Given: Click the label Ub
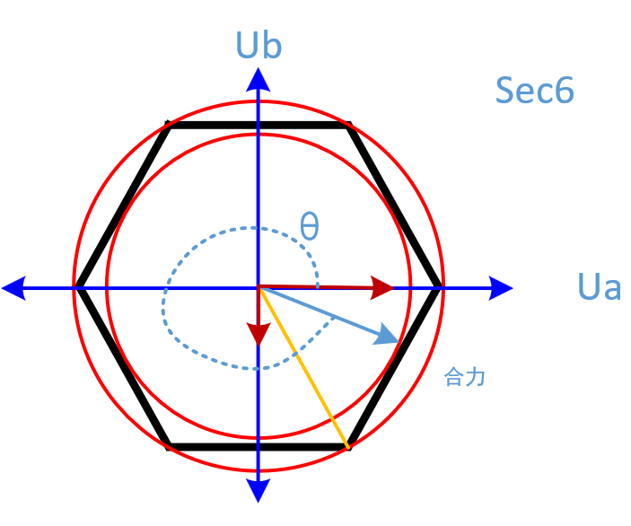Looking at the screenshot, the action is click(x=259, y=46).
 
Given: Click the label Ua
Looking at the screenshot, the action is click(x=600, y=288).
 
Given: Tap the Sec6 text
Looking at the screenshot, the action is click(x=534, y=91).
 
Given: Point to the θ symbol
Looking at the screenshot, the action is click(x=309, y=226).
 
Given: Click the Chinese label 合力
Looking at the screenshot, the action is click(x=465, y=377).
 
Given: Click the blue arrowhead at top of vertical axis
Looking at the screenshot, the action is click(x=259, y=80).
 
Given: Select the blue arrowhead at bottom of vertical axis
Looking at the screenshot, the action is click(x=259, y=490).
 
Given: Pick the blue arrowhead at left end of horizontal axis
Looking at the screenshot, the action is click(x=14, y=288).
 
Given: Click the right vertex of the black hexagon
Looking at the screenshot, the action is click(x=440, y=288).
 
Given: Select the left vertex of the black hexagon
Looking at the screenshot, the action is click(x=79, y=288).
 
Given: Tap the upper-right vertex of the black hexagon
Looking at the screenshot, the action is click(x=348, y=126).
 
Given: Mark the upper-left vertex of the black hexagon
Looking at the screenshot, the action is click(x=169, y=126).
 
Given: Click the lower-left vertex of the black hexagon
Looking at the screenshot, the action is click(x=169, y=446).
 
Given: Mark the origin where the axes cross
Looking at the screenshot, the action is click(x=259, y=288).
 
